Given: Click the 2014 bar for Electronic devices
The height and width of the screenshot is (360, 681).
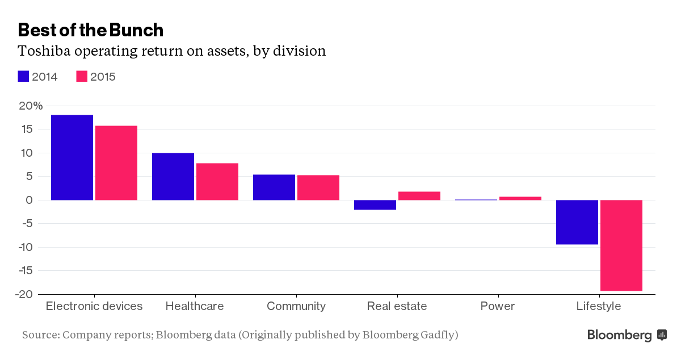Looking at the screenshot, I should point(72,157).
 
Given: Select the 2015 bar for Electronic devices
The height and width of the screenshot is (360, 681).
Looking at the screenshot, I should point(116,163).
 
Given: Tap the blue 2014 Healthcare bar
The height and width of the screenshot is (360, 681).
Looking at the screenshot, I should point(173,177).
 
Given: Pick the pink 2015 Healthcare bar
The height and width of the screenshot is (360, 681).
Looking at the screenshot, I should point(217,182).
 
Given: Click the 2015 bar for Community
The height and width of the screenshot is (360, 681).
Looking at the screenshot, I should point(318,187).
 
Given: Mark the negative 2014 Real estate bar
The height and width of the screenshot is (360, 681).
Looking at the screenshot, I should point(375,205).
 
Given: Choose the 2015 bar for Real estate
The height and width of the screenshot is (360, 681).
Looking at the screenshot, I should point(419,196).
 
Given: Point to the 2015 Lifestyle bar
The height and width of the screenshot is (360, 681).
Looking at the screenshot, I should point(621,245).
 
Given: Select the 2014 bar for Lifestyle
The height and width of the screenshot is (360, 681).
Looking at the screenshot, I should point(577,222).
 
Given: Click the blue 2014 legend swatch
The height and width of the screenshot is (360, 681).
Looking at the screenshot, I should point(23,77).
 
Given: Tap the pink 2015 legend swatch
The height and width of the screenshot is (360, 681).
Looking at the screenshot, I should point(82,77).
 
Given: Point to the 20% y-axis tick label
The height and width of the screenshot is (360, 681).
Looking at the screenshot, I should point(30,106).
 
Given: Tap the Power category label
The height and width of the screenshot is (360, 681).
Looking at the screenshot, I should point(497,306).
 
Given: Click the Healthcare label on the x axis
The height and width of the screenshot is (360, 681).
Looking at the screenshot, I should point(195,306).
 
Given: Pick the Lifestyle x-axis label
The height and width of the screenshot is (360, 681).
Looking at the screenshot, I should point(599,306).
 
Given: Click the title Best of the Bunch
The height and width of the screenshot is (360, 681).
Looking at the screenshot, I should point(91,30).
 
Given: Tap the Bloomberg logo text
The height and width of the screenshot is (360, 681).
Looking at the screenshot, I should point(619,335).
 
